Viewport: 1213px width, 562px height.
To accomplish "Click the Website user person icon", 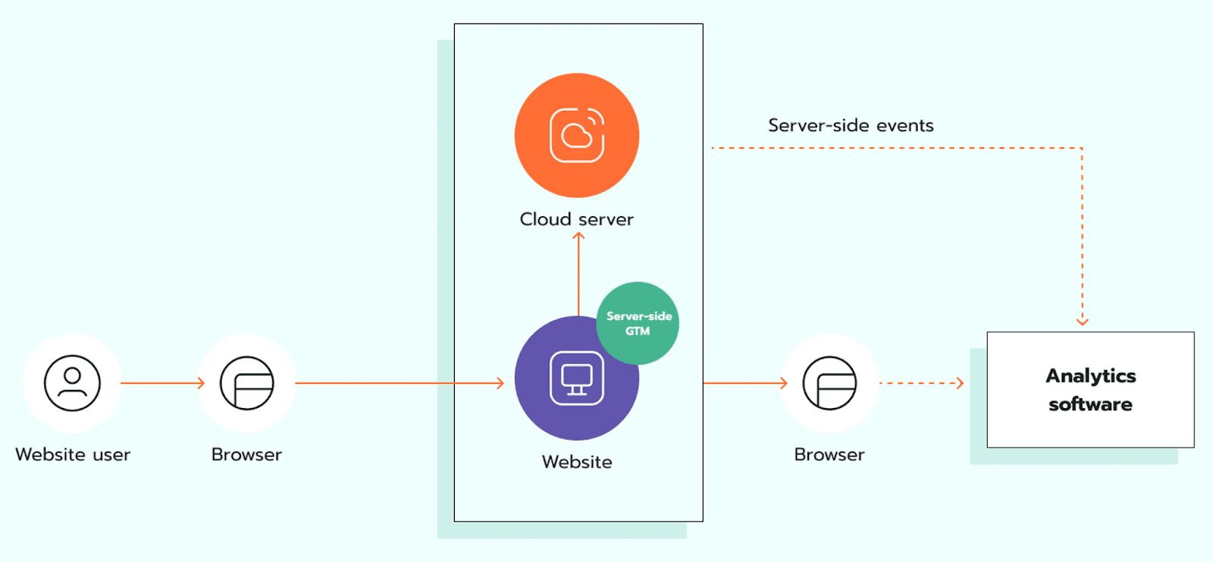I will (x=72, y=383).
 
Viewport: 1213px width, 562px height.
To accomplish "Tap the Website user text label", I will (x=73, y=454).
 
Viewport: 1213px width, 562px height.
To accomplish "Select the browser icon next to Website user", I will (x=246, y=383).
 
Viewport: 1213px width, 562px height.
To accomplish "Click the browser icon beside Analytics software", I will (x=829, y=383).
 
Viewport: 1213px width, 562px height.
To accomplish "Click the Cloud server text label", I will (x=576, y=219).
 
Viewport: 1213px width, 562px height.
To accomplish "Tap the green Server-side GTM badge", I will (x=638, y=323).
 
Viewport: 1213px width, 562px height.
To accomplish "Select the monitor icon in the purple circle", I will (x=576, y=378).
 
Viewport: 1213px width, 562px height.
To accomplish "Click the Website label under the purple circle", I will (x=576, y=462).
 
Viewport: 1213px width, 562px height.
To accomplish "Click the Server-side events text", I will (x=851, y=125).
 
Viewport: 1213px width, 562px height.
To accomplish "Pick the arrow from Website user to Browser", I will (x=162, y=383).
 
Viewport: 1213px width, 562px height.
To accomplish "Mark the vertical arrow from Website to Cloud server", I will (x=578, y=273).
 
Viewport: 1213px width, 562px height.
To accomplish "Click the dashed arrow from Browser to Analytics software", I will (x=921, y=383).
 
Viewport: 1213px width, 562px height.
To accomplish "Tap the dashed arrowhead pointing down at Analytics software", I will (x=1082, y=322).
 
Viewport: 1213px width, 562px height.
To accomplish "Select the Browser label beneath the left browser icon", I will (x=246, y=454).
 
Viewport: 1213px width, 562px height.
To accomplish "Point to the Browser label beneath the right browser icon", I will (x=829, y=454).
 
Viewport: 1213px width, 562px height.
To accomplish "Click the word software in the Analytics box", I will (x=1090, y=404).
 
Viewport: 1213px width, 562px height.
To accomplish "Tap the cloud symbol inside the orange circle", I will (x=576, y=136).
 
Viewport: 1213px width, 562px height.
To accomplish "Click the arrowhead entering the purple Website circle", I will (x=500, y=383).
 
